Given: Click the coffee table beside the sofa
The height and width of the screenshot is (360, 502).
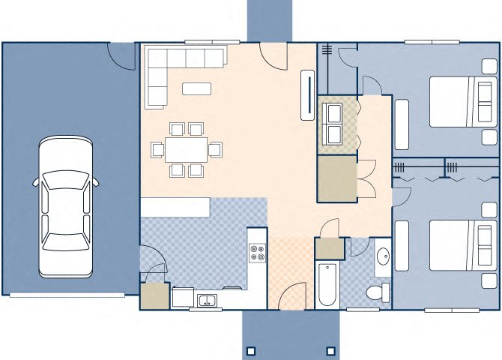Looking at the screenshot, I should pos(196,88).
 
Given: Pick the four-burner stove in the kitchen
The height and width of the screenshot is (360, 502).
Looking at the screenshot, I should pos(257,253).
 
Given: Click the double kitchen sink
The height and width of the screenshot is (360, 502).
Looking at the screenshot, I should pos(206,301).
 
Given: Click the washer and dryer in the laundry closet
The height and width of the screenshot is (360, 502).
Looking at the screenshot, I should pos(333,124).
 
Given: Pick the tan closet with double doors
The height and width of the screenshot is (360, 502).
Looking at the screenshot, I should pos(336,178).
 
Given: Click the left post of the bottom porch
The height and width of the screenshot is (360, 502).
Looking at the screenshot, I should pos(251,350).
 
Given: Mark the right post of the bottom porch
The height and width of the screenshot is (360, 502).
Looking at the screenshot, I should pos(329,350).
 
